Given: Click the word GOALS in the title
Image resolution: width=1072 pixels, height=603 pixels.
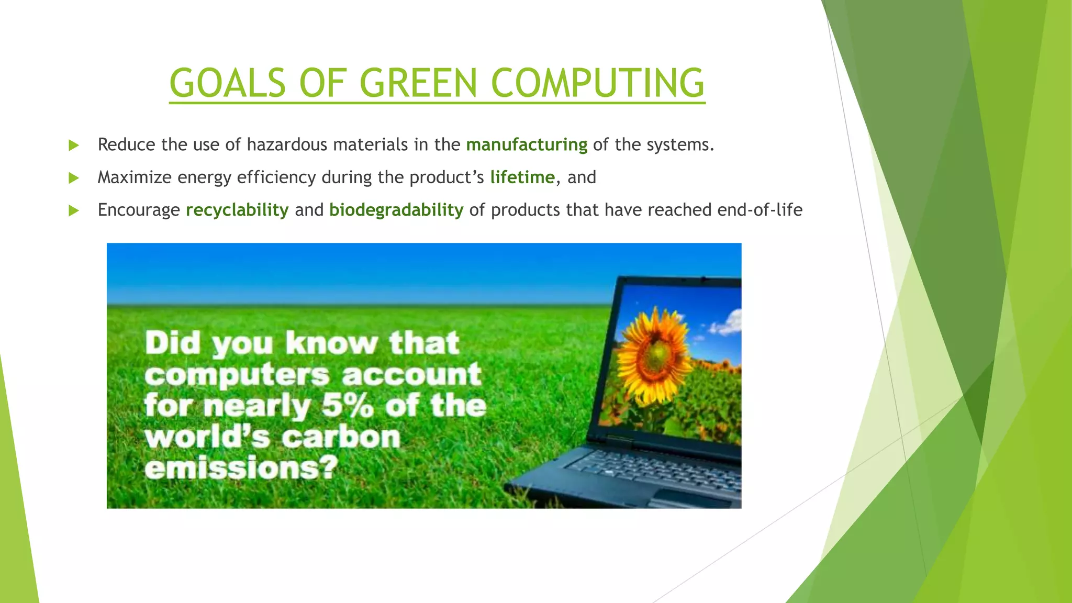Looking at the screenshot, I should pyautogui.click(x=228, y=83).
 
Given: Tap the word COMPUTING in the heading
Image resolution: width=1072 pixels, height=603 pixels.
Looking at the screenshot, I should pyautogui.click(x=598, y=83).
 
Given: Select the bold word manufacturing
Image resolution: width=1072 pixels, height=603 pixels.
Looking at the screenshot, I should pyautogui.click(x=527, y=144).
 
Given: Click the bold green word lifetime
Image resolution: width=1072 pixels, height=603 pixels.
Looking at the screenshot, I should pyautogui.click(x=522, y=177).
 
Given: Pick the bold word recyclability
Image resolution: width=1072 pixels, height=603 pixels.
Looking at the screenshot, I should pyautogui.click(x=237, y=210).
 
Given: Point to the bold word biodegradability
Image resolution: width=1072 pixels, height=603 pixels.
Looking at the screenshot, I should pyautogui.click(x=396, y=210).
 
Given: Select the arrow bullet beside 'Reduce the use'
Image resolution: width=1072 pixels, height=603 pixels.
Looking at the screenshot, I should pyautogui.click(x=74, y=146).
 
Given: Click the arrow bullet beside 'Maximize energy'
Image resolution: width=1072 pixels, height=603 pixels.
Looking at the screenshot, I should pyautogui.click(x=74, y=178).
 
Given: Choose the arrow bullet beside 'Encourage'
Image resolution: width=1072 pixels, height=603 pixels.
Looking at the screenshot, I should pyautogui.click(x=74, y=210).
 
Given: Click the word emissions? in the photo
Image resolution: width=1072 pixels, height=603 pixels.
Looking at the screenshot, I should pyautogui.click(x=241, y=467).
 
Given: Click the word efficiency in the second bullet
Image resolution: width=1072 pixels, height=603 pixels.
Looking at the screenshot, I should pyautogui.click(x=276, y=177).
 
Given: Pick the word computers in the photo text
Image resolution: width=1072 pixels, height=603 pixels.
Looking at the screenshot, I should pyautogui.click(x=237, y=375).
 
